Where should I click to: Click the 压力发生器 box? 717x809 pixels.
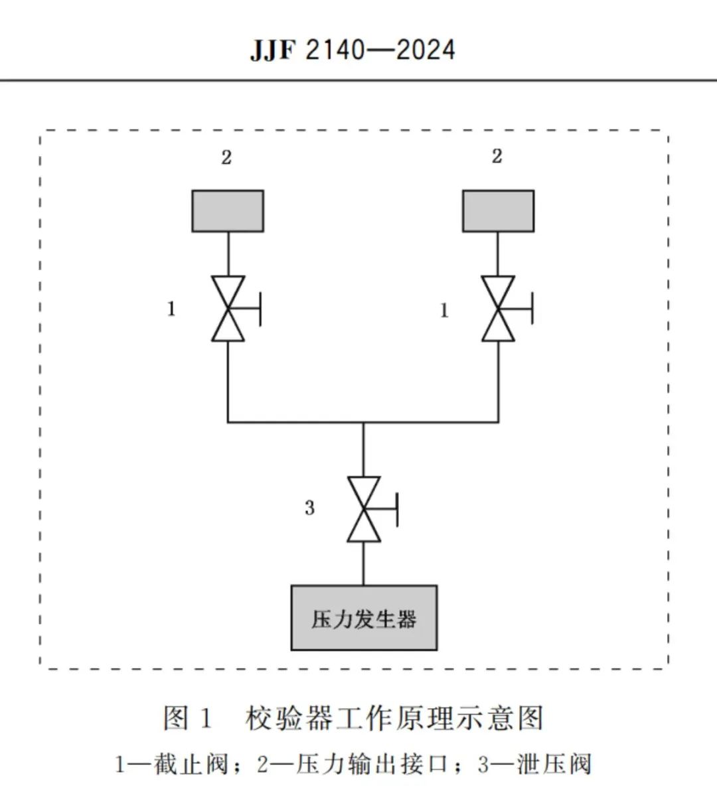pos(364,618)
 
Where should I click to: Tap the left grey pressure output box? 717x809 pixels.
pos(228,211)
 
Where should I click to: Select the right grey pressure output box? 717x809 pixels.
pos(498,211)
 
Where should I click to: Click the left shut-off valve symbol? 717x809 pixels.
pos(236,309)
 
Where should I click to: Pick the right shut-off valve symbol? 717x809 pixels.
pos(507,309)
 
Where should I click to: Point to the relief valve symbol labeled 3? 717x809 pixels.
pos(372,509)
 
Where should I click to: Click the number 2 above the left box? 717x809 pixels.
pos(226,157)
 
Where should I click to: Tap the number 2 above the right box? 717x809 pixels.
pos(497,156)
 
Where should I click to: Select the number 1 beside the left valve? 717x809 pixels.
pos(171,309)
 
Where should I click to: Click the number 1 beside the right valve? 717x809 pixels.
pos(444,311)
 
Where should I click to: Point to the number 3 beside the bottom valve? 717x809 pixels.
pos(309,508)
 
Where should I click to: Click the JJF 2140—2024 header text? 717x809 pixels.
pos(353,50)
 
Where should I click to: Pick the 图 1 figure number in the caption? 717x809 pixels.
pos(187,718)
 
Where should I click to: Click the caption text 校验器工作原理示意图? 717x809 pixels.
pos(394,718)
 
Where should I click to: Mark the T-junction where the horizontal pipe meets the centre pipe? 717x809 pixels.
pos(364,422)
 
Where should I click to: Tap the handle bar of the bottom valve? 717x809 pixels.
pos(397,510)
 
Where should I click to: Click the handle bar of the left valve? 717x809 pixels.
pos(260,309)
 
